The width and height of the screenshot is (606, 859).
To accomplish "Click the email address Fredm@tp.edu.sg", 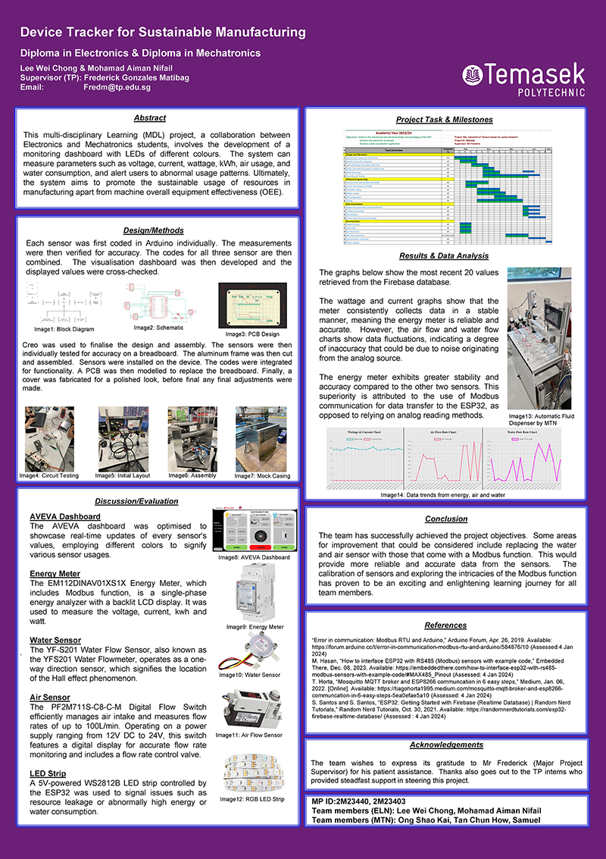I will tap(117, 87).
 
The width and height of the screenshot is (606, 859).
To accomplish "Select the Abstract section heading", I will tap(149, 118).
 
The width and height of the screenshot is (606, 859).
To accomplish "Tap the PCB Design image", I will tap(252, 305).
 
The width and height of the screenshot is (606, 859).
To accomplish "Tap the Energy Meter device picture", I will tap(255, 591).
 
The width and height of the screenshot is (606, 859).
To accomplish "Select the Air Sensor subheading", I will tap(50, 697).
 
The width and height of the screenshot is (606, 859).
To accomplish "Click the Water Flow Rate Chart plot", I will tap(536, 461).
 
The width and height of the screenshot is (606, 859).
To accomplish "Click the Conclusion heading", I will tap(446, 519).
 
